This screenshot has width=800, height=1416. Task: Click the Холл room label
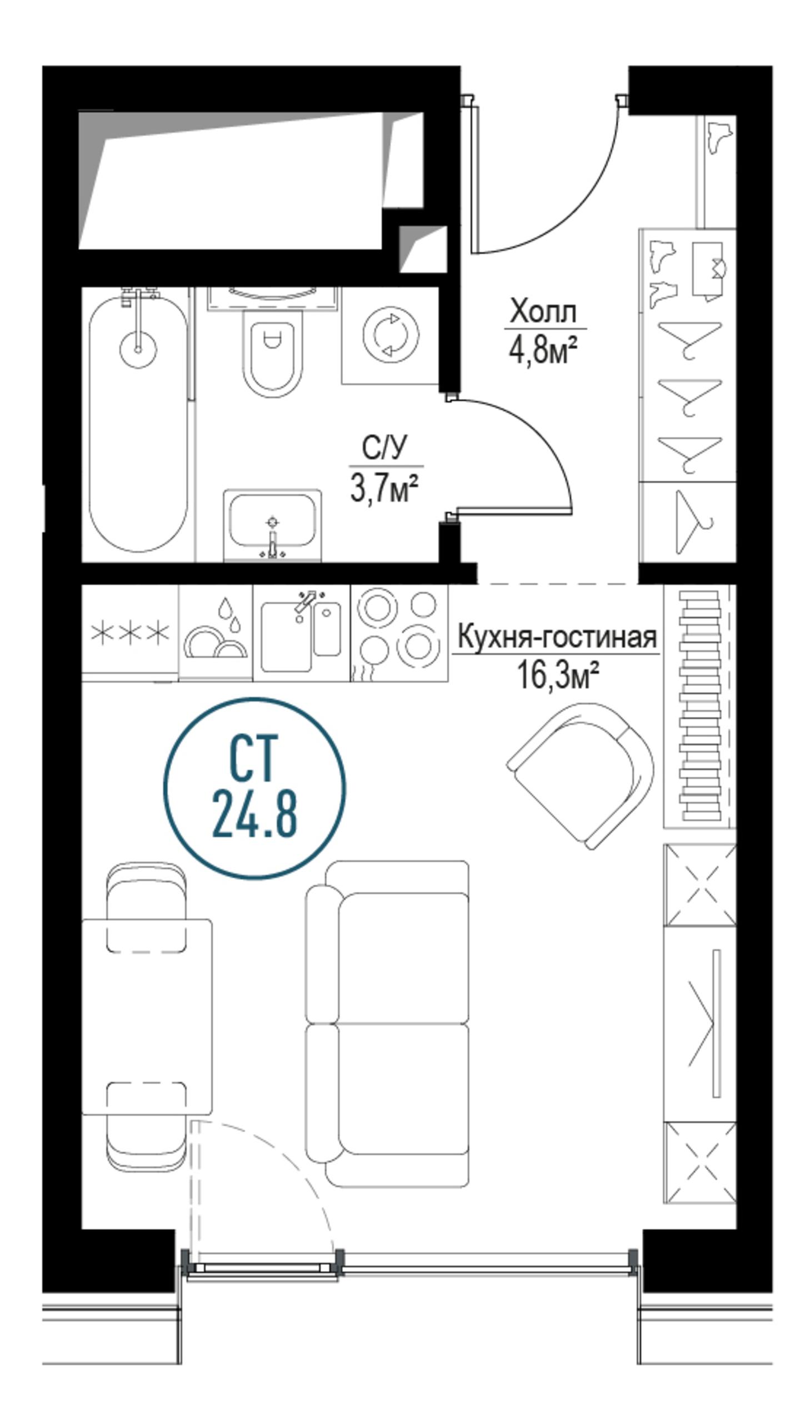click(544, 313)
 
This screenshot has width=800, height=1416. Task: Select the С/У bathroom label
click(385, 449)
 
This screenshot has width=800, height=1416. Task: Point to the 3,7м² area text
click(383, 489)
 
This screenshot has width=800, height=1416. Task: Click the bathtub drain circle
click(138, 349)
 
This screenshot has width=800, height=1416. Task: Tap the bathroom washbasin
click(272, 525)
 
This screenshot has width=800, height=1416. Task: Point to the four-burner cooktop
click(399, 633)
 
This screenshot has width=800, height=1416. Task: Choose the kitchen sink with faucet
click(302, 633)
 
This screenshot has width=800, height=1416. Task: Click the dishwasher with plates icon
click(216, 633)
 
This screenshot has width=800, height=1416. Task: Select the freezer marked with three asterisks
click(130, 633)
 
